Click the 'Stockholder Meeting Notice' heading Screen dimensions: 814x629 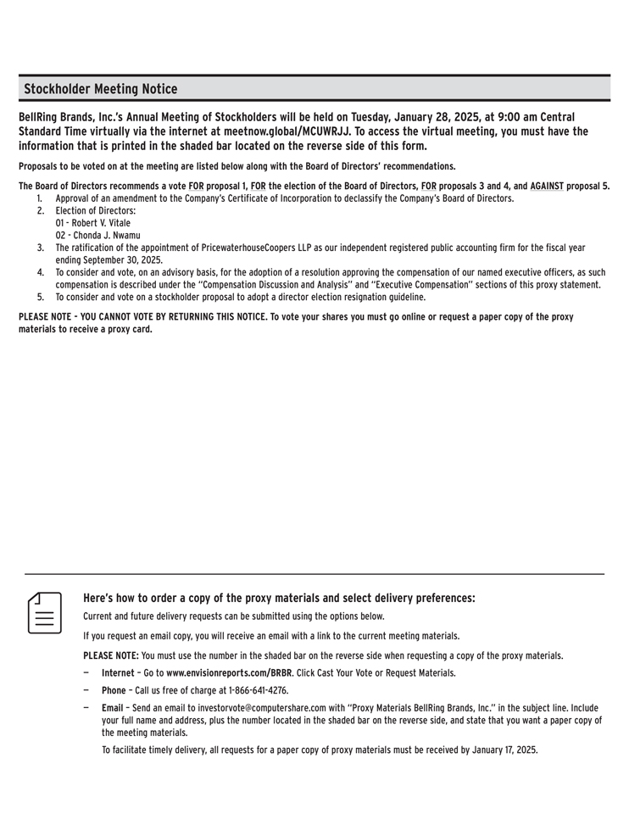coord(101,89)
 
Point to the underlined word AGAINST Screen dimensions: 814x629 coord(547,186)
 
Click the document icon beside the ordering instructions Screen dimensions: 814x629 coord(46,612)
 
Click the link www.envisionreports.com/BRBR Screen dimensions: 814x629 coord(229,672)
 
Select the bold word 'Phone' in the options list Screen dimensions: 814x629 coord(114,690)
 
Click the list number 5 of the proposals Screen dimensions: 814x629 coord(40,297)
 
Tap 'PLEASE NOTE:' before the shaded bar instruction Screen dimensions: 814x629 coord(110,655)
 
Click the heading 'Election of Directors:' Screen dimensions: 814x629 coord(95,210)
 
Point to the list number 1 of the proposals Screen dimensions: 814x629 coord(40,198)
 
